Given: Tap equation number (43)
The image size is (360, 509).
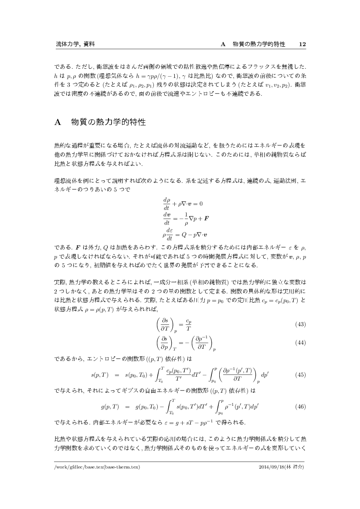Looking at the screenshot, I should click(300, 324).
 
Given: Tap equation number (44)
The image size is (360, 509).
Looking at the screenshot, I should click(300, 343).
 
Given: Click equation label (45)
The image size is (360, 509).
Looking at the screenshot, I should click(300, 374).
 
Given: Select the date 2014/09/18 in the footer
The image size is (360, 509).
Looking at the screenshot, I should click(272, 467).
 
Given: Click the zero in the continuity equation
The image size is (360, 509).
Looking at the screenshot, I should click(201, 203).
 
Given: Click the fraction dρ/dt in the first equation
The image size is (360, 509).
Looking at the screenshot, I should click(166, 203).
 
